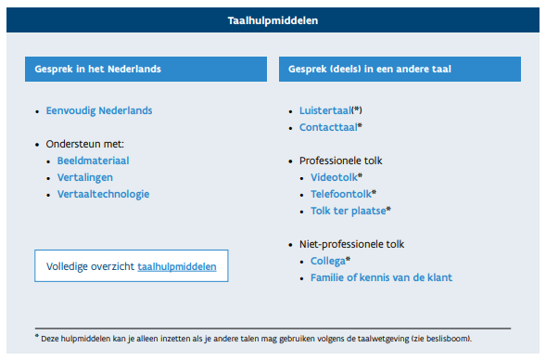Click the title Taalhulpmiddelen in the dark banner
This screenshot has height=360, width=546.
pos(273,19)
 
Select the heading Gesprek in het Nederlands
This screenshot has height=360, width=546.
pos(99,69)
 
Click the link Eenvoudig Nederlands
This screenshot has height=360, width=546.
pos(99,110)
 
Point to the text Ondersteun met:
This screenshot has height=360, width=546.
pos(85,145)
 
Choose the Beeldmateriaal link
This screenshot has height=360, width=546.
pos(93,161)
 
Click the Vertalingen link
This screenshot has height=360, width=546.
pos(86,177)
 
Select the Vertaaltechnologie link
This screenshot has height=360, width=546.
pos(103,194)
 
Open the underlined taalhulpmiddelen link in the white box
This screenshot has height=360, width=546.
pos(177,266)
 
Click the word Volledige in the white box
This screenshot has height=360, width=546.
pos(68,266)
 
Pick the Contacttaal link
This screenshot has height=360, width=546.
pos(327,127)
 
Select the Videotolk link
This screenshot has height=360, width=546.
pos(333,177)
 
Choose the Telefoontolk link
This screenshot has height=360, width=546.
pos(340,194)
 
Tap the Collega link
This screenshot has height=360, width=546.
pos(327,261)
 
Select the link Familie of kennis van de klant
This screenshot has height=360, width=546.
pos(381,277)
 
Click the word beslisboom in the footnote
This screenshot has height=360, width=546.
pos(485,336)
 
